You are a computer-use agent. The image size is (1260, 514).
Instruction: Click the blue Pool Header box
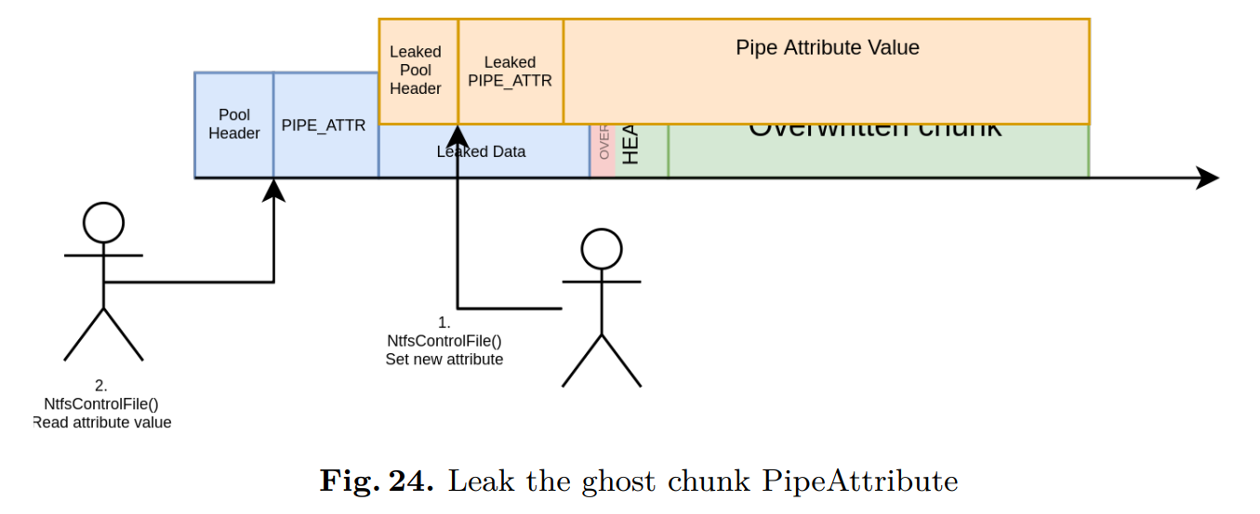point(233,125)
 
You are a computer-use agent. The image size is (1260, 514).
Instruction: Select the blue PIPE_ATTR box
point(325,125)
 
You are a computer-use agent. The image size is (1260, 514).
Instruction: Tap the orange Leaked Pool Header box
point(418,71)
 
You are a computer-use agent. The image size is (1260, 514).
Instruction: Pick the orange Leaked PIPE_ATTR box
point(511,72)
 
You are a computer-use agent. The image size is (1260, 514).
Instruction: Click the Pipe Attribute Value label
point(827,47)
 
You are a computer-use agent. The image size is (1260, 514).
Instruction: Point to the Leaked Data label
point(481,152)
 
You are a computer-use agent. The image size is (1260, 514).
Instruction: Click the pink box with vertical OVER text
point(603,151)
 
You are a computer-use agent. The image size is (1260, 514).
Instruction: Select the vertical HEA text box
point(632,149)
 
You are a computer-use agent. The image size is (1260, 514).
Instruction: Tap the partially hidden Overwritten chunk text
point(875,130)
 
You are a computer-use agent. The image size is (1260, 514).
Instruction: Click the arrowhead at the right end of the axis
point(1208,178)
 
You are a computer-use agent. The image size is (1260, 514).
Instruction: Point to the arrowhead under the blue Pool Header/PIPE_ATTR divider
point(273,191)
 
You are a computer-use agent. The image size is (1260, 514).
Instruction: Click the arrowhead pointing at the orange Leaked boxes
point(458,134)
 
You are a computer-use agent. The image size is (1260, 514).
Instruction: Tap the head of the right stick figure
point(601,249)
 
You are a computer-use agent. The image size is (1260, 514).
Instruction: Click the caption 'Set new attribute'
point(444,359)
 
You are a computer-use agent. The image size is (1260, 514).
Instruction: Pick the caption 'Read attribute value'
point(102,422)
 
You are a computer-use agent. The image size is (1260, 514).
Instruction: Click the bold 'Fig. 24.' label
point(377,481)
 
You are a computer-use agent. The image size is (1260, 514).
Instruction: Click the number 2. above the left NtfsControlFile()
point(101,385)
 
